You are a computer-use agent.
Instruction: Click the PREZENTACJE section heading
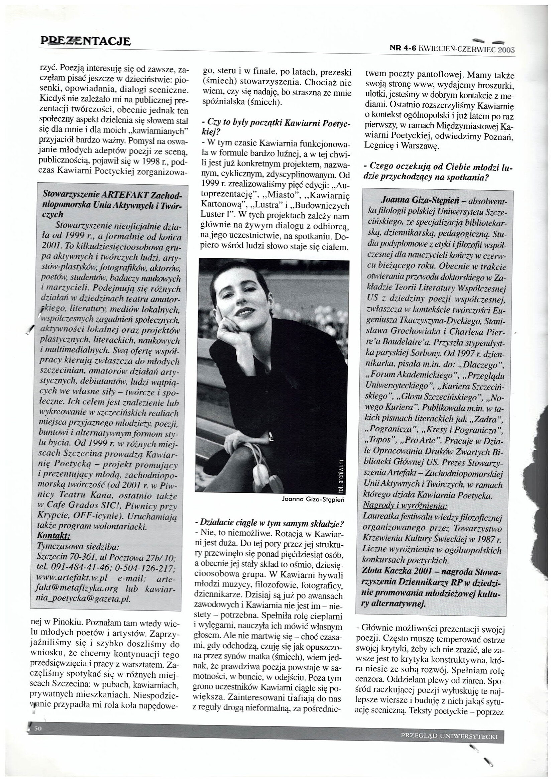tap(85, 41)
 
